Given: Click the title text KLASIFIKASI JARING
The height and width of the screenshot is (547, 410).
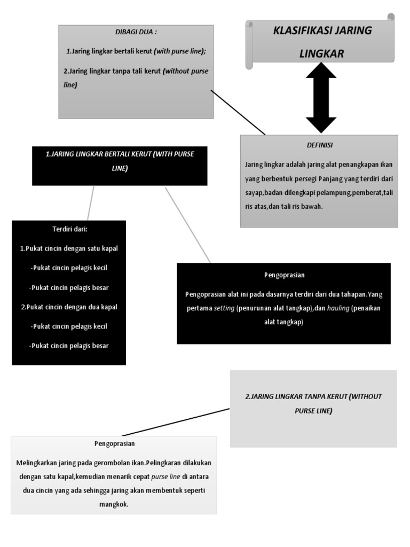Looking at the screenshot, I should pyautogui.click(x=322, y=30).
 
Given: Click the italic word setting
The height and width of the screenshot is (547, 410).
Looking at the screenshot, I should pyautogui.click(x=224, y=308).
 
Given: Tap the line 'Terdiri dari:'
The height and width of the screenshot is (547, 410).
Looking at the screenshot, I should pyautogui.click(x=69, y=229).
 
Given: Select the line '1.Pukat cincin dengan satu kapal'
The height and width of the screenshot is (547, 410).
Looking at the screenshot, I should pyautogui.click(x=69, y=248).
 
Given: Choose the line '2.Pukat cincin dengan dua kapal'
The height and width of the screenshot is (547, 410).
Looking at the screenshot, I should pyautogui.click(x=69, y=307).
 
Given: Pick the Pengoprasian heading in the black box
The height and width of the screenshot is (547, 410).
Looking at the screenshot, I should pyautogui.click(x=284, y=275).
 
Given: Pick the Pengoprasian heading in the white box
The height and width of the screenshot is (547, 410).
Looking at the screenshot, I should pyautogui.click(x=114, y=443).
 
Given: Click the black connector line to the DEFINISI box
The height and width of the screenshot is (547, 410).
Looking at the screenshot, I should pyautogui.click(x=238, y=112).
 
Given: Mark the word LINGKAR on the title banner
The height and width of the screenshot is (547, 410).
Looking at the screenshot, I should pyautogui.click(x=322, y=54).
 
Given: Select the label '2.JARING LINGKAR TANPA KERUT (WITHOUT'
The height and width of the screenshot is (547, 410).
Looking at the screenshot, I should pyautogui.click(x=313, y=396).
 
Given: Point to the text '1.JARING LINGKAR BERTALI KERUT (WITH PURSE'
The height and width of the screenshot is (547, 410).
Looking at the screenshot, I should pyautogui.click(x=120, y=154).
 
